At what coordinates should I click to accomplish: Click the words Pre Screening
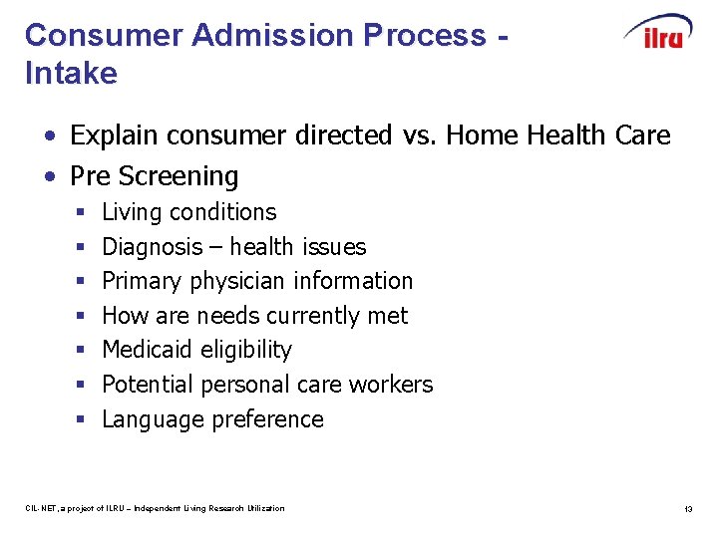tap(155, 176)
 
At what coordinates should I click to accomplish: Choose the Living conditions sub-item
tap(189, 212)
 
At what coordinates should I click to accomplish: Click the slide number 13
tap(687, 509)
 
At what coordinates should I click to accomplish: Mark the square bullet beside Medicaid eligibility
tap(81, 351)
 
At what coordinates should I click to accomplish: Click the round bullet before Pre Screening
tap(49, 177)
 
